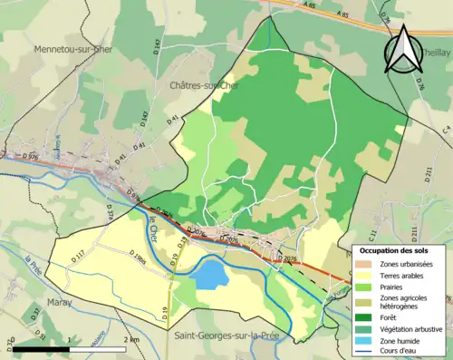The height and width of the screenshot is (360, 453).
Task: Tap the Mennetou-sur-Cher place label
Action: click(73, 49)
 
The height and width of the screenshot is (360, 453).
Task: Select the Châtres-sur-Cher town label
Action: click(206, 85)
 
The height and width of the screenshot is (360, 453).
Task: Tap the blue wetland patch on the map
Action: click(210, 273)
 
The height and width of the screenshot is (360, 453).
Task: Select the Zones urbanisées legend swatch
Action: click(364, 263)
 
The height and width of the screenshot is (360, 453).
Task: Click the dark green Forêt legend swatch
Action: click(364, 316)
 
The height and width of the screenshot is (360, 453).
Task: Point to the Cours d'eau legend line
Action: click(364, 351)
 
